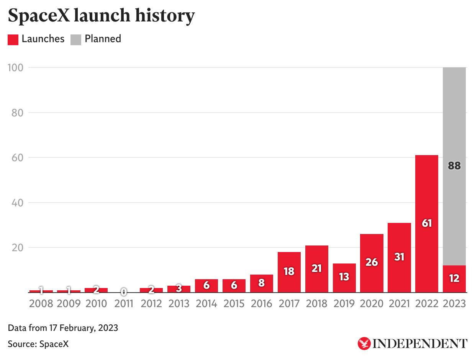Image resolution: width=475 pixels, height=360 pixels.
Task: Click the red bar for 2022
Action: tap(427, 191)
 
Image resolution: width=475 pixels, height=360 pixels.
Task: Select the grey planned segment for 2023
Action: tap(454, 115)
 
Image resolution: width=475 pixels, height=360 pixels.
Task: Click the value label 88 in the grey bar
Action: tap(454, 166)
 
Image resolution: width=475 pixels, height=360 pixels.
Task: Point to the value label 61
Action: tap(427, 223)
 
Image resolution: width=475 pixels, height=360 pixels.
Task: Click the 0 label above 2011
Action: tap(124, 292)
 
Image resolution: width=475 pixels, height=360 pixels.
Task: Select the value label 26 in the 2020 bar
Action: tap(372, 262)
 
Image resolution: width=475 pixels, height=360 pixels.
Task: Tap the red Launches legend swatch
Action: tap(13, 39)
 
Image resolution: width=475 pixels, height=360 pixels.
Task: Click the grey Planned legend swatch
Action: tap(76, 39)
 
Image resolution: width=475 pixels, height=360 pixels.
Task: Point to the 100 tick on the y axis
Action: tap(16, 68)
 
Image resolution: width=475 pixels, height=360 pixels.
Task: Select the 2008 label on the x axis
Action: tap(41, 304)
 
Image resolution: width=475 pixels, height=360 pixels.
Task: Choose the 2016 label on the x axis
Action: tap(262, 304)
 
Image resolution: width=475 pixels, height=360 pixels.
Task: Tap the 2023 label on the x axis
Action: tap(454, 304)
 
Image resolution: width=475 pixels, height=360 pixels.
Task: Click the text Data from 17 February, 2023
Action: tap(63, 328)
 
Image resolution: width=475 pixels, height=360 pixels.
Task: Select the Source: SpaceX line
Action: tap(38, 344)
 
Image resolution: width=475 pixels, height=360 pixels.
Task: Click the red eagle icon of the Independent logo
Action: tap(364, 343)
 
